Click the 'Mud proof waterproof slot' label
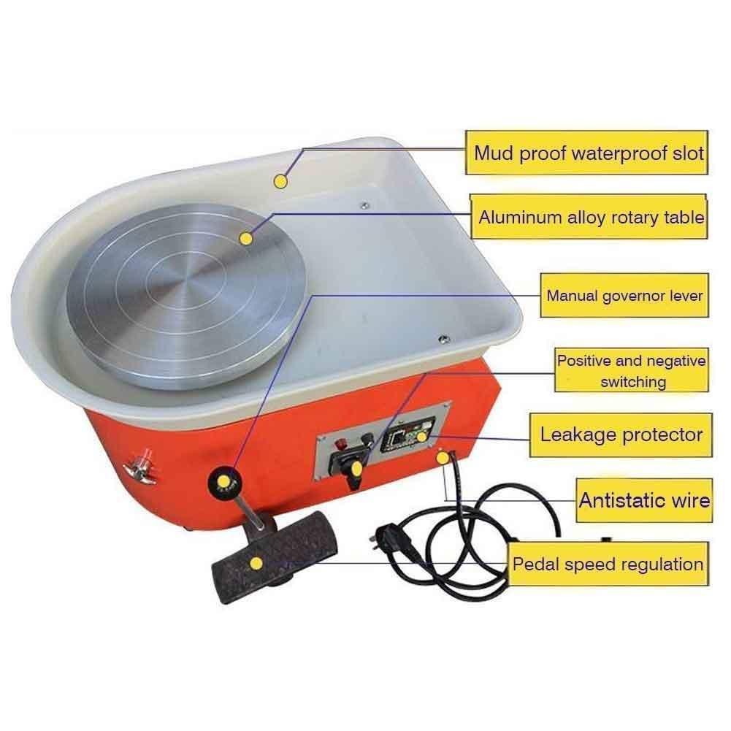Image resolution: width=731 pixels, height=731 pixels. tap(589, 153)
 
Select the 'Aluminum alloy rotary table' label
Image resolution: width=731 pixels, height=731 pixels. tap(591, 217)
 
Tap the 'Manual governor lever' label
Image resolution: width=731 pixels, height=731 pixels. tap(624, 296)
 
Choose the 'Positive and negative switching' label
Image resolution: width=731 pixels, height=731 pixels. tap(632, 370)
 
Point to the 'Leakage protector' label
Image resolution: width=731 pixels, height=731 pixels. tap(621, 435)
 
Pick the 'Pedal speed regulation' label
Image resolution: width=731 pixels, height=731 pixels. tap(608, 564)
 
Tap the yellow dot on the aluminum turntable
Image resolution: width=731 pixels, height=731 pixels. tap(246, 238)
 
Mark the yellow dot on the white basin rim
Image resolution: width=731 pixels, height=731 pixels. tap(279, 180)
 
